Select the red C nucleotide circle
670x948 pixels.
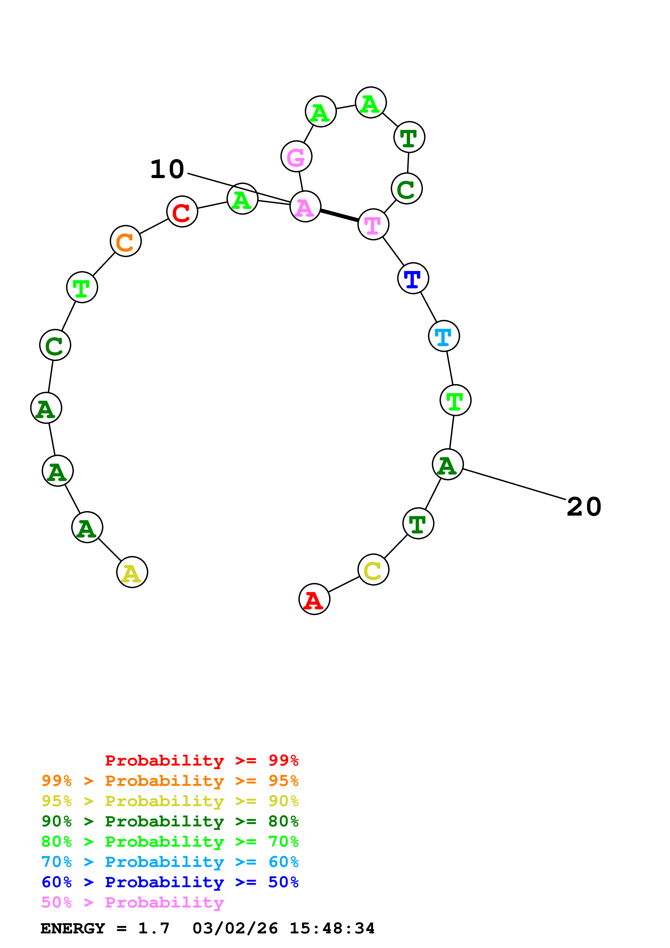click(182, 211)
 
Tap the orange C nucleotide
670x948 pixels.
click(125, 241)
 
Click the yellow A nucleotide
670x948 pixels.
click(132, 572)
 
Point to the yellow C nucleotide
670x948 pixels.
click(373, 570)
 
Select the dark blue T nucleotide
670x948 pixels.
click(413, 278)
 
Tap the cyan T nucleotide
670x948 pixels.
click(444, 336)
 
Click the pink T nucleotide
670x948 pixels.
click(373, 224)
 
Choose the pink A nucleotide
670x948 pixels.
click(305, 207)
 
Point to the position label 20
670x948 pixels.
click(584, 507)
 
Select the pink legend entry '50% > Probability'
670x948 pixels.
click(132, 903)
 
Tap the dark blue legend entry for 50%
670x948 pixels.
click(170, 882)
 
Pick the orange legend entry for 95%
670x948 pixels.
click(170, 781)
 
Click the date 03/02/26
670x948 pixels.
click(235, 929)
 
